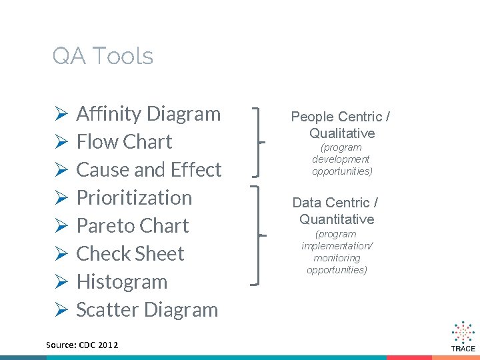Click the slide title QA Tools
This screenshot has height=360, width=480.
click(x=103, y=56)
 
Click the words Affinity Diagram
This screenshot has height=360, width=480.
click(x=148, y=114)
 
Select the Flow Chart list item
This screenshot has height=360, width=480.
click(x=124, y=142)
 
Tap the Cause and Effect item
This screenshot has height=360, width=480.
click(x=149, y=170)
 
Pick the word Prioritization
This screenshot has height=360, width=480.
click(x=134, y=198)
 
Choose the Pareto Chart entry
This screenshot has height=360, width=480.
click(x=133, y=226)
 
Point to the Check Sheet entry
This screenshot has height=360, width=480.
click(x=130, y=254)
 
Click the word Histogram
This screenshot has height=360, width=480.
click(x=121, y=282)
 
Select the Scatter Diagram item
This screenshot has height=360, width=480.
click(x=147, y=310)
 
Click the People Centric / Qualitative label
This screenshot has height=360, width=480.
click(x=341, y=125)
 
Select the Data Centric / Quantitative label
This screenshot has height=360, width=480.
click(x=336, y=211)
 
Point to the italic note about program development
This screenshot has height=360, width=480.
click(x=341, y=159)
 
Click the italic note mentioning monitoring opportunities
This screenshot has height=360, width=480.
click(x=337, y=252)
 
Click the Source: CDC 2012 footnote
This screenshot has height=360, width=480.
click(x=82, y=345)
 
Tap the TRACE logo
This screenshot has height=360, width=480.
click(x=463, y=337)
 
